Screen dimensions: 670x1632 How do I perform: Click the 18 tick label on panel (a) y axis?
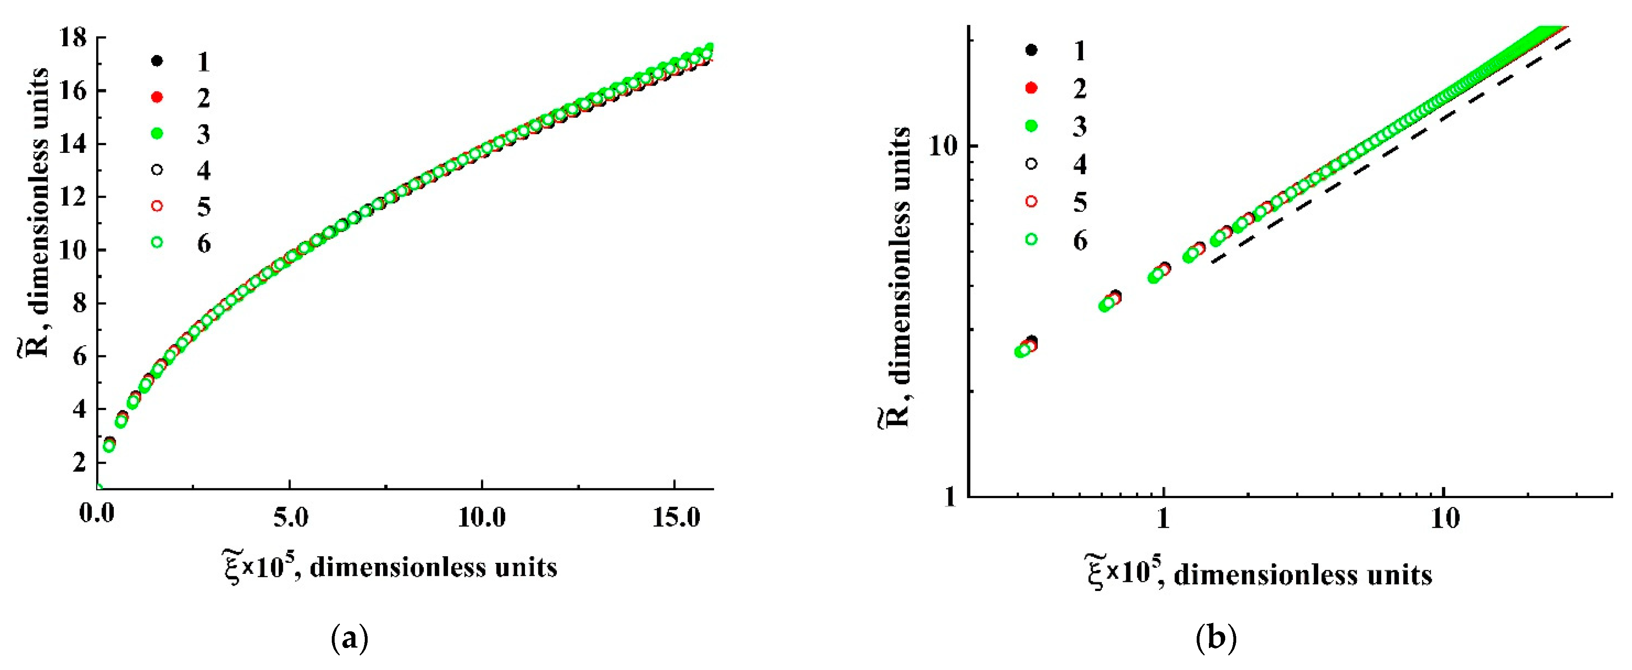pyautogui.click(x=72, y=38)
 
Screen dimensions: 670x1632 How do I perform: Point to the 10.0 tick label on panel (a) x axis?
pyautogui.click(x=481, y=518)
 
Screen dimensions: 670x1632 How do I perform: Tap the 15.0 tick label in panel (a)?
pyautogui.click(x=675, y=518)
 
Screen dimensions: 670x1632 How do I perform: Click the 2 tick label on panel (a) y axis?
pyautogui.click(x=79, y=462)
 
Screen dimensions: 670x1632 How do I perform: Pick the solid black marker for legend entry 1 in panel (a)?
pyautogui.click(x=157, y=61)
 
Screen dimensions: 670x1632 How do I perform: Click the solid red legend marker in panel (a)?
pyautogui.click(x=157, y=97)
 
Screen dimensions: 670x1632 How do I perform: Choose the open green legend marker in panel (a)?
pyautogui.click(x=157, y=242)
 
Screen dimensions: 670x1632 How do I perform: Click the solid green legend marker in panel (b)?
pyautogui.click(x=1031, y=126)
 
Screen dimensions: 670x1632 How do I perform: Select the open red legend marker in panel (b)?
pyautogui.click(x=1031, y=201)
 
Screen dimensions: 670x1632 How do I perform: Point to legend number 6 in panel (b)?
pyautogui.click(x=1080, y=240)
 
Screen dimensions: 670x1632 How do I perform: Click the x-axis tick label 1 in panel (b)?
pyautogui.click(x=1163, y=518)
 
